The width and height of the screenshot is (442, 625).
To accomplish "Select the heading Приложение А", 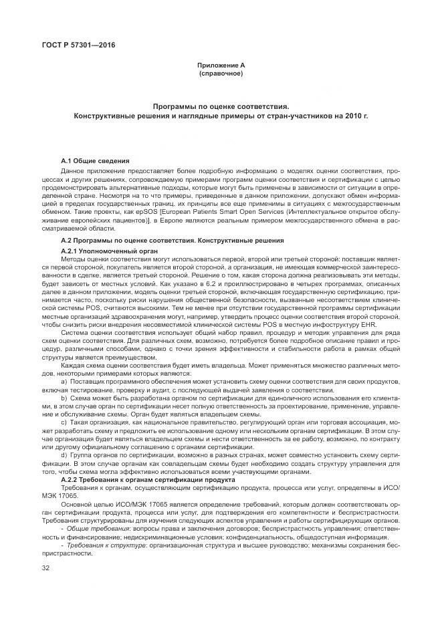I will click(x=221, y=65).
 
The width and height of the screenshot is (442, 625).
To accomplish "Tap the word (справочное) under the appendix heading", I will click(x=221, y=72).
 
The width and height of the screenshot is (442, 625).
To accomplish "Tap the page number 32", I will click(x=46, y=568).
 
